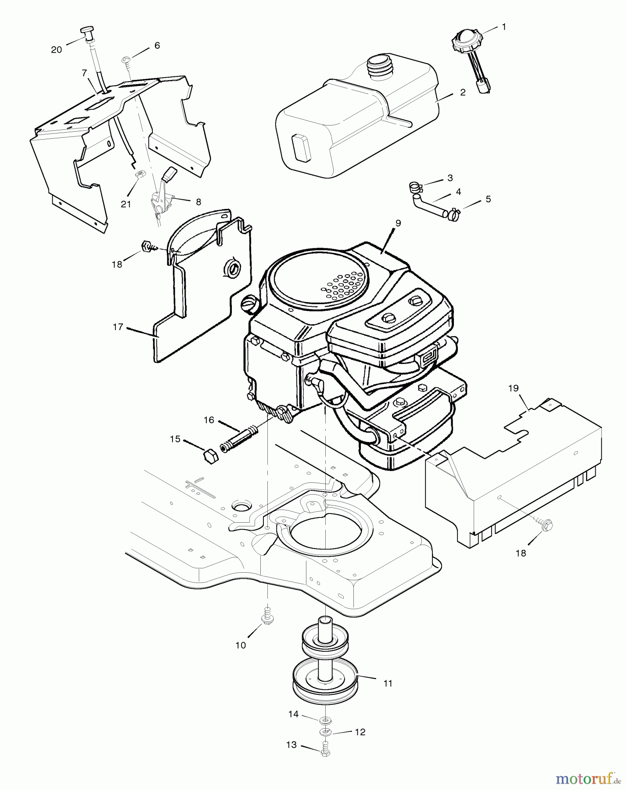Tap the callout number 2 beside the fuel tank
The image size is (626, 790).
(x=463, y=93)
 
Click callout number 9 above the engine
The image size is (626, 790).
(x=398, y=223)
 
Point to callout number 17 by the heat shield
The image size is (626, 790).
(x=118, y=327)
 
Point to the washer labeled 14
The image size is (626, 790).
(x=325, y=721)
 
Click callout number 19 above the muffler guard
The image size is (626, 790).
(x=513, y=388)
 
